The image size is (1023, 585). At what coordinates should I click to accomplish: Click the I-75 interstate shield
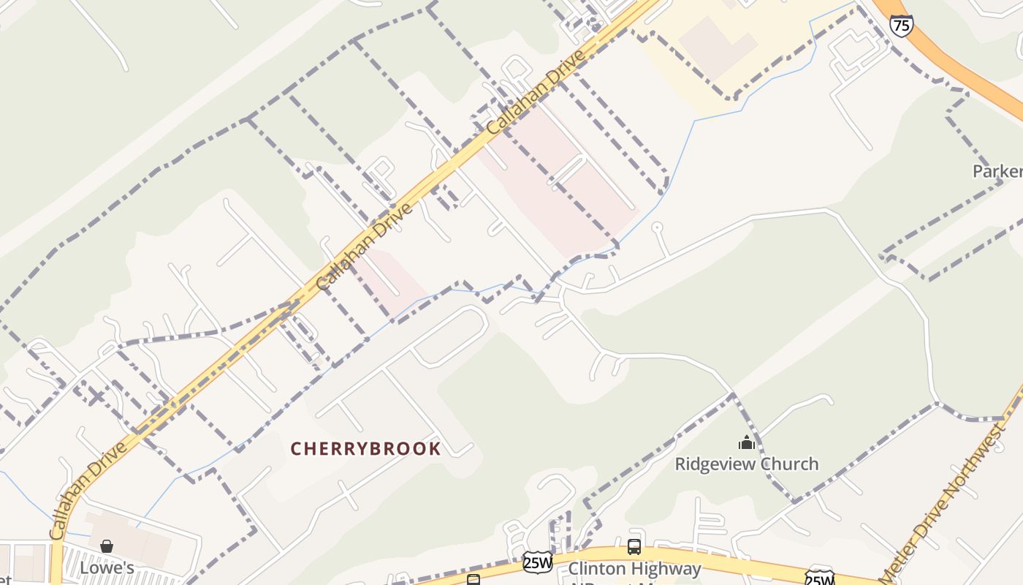click(x=901, y=25)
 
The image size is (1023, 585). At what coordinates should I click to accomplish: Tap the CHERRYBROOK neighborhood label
click(x=365, y=449)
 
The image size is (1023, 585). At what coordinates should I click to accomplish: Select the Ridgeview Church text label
click(x=746, y=464)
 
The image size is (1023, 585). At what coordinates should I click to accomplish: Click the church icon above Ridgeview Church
click(x=746, y=442)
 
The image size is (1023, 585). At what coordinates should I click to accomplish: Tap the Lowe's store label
click(x=107, y=567)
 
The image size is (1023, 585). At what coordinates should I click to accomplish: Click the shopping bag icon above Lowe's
click(x=107, y=546)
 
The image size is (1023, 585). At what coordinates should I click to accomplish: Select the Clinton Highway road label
click(x=634, y=568)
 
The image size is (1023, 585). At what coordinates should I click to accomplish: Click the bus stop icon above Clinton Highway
click(x=634, y=546)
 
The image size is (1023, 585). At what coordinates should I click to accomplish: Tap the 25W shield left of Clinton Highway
click(x=537, y=562)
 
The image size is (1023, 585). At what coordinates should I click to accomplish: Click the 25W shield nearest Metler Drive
click(x=819, y=578)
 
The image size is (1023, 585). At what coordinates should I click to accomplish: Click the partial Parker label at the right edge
click(x=997, y=171)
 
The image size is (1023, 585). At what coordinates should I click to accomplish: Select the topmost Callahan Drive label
click(x=537, y=91)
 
